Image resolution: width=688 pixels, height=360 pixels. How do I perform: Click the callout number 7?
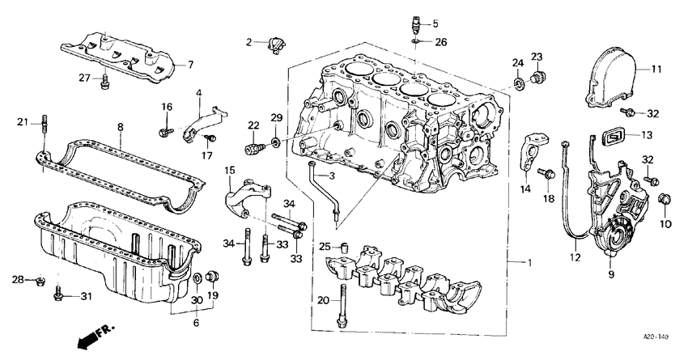[x=191, y=65]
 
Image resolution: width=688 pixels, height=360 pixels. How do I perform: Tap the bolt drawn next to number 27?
[x=104, y=81]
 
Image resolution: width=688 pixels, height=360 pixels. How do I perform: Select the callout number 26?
[x=440, y=41]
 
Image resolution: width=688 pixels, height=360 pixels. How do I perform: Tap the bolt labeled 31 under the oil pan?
[x=58, y=296]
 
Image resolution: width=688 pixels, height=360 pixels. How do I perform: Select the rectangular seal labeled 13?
[x=616, y=134]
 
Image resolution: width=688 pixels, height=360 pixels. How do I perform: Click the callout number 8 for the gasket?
[x=120, y=127]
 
